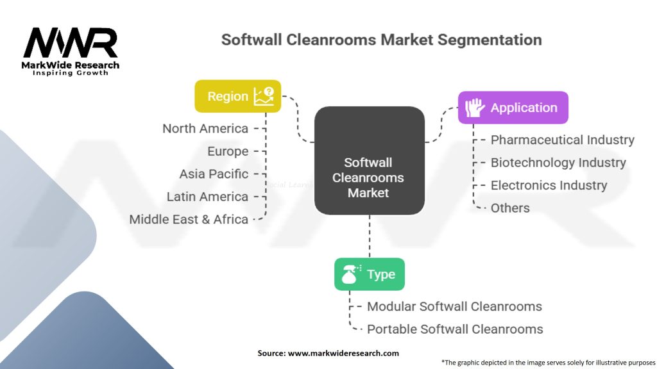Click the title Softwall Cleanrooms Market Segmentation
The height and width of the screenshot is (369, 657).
pos(381,40)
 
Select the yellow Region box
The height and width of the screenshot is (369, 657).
pos(238,97)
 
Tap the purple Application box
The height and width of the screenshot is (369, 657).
pos(513,108)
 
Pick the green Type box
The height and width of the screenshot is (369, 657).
pos(369,274)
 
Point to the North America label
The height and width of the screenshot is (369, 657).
pos(205,128)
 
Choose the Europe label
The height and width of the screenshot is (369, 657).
pos(228,151)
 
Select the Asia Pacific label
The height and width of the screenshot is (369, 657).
pos(214,174)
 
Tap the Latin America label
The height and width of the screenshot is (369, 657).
pos(207,197)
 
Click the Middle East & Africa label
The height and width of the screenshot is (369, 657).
pos(189,219)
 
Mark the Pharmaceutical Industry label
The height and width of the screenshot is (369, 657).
pos(562,140)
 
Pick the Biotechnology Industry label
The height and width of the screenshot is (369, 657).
pos(558,163)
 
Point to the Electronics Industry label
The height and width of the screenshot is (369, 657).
pos(549,185)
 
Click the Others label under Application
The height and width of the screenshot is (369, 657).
pos(510,208)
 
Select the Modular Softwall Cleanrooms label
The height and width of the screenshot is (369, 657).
pos(454,306)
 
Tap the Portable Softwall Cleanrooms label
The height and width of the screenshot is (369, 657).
pos(455,329)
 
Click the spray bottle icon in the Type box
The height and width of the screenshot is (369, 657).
pos(350,274)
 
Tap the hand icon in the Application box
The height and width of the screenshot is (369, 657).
pos(475,108)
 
